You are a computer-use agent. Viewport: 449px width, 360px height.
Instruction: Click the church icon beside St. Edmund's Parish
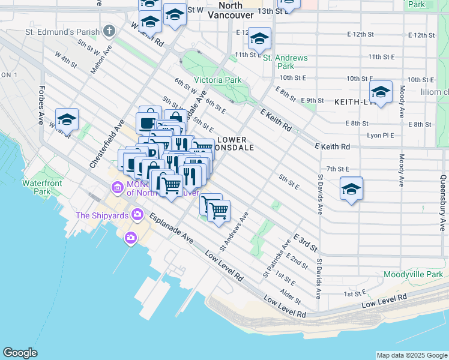pos(109,30)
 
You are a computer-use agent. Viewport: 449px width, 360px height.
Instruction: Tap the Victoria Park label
pos(217,80)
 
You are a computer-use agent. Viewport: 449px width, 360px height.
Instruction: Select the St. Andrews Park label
pos(285,62)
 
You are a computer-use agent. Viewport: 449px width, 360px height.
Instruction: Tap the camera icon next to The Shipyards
pos(137,214)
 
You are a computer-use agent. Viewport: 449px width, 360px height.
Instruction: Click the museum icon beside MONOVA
pos(116,188)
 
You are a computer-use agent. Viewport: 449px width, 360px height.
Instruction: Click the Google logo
pos(20,352)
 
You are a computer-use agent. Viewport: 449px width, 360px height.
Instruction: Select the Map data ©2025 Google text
pos(411,355)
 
